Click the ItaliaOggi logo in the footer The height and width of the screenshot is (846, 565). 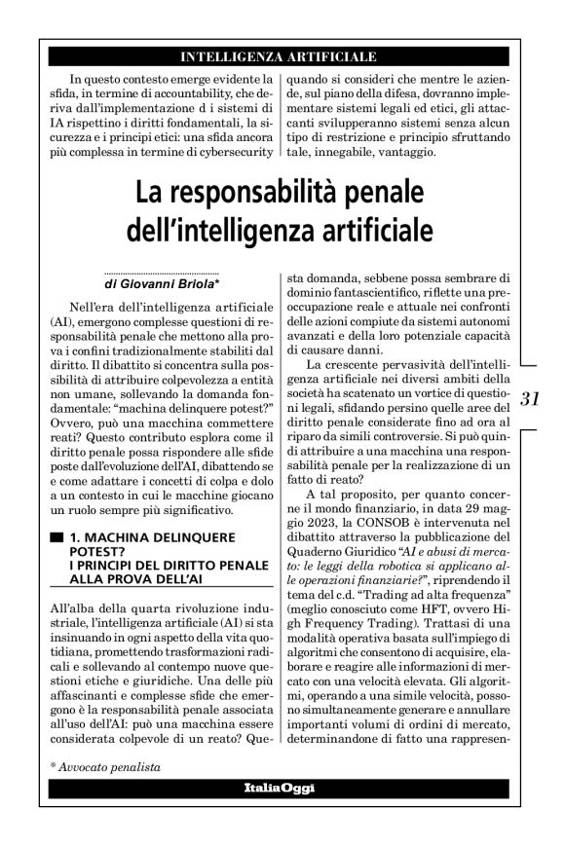(280, 787)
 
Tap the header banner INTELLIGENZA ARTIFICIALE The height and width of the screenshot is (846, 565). (280, 57)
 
